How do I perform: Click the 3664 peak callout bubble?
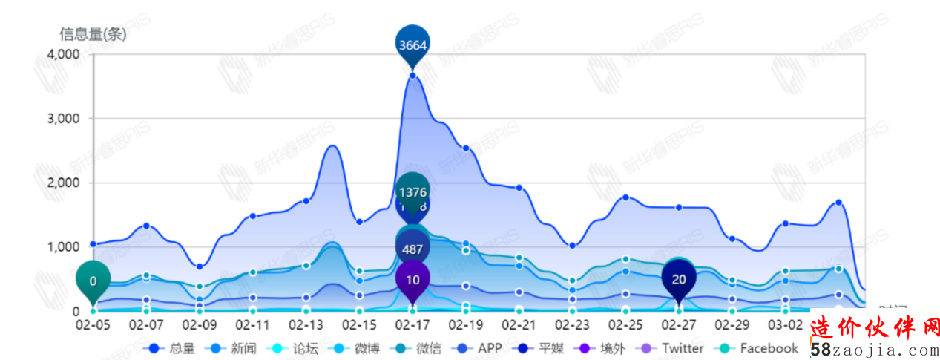tap(413, 44)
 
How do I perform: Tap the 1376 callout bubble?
tap(413, 192)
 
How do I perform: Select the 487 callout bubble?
tap(413, 249)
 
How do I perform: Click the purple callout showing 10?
tap(413, 279)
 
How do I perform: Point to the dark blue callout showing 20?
tap(679, 278)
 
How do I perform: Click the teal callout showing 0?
tap(93, 281)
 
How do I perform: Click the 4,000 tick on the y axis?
tap(64, 55)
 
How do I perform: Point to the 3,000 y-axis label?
tap(64, 119)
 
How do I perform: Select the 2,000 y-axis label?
tap(64, 183)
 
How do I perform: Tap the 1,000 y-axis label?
tap(64, 247)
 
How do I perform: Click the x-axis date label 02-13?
tap(306, 325)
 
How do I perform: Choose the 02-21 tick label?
tap(519, 325)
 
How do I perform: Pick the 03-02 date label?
tap(785, 325)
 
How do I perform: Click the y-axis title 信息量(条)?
tap(93, 33)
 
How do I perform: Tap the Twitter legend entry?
tap(674, 348)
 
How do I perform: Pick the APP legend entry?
tap(481, 348)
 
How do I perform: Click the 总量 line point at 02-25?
tap(625, 197)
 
